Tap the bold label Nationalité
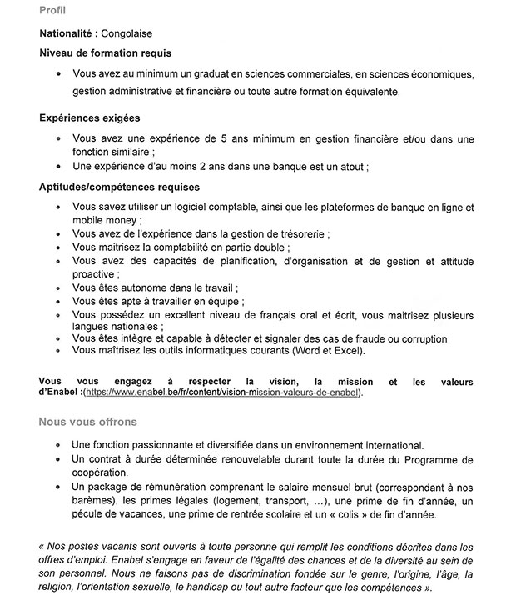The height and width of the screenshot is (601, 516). click(x=68, y=34)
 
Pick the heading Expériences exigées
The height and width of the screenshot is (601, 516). click(x=89, y=118)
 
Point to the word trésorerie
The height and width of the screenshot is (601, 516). click(x=297, y=234)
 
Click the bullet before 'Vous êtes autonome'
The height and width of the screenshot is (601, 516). click(x=58, y=288)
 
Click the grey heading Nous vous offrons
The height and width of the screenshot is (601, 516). click(x=87, y=422)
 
